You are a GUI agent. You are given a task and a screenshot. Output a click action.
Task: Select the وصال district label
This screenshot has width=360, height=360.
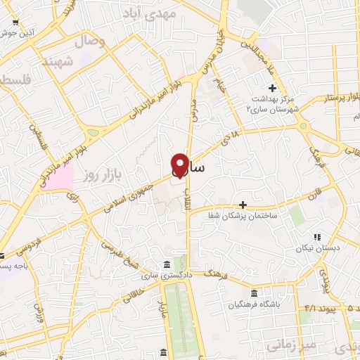tap(91, 42)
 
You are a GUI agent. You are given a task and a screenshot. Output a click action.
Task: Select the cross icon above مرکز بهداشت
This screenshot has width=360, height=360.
tap(273, 87)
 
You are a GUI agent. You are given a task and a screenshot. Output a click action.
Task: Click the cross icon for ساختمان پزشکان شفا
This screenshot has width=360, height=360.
tap(243, 205)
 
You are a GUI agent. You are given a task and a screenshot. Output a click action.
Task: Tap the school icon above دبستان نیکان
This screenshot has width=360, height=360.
tap(317, 237)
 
